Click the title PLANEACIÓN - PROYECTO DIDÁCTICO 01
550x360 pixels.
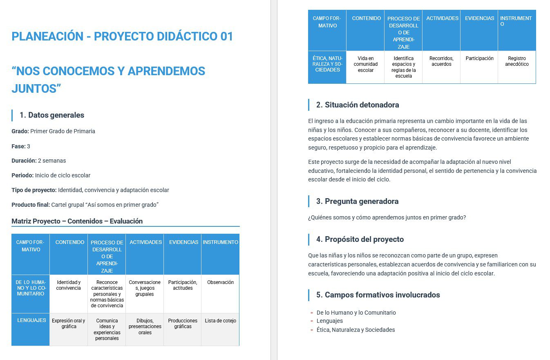(x=122, y=36)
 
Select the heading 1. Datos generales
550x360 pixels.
(x=52, y=115)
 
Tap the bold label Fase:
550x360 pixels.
(x=18, y=146)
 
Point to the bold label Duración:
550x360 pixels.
(x=24, y=161)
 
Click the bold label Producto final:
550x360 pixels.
(x=30, y=205)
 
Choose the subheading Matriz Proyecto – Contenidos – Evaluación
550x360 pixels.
(x=77, y=221)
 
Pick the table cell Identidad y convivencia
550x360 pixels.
(x=69, y=285)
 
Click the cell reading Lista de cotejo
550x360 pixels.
(x=220, y=321)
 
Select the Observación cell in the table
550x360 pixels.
(x=220, y=282)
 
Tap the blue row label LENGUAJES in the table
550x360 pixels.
(x=31, y=320)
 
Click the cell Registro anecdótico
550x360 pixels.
(x=516, y=61)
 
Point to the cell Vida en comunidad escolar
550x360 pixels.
(x=365, y=64)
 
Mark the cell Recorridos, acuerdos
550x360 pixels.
(x=441, y=61)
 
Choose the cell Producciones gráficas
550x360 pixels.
(x=183, y=324)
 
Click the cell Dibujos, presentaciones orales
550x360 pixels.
(x=145, y=326)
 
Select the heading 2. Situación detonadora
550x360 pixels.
(x=358, y=105)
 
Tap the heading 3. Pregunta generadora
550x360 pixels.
(x=357, y=201)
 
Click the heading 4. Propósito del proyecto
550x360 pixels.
(x=360, y=239)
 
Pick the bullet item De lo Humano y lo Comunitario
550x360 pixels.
(x=356, y=313)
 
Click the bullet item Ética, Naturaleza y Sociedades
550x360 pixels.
(x=355, y=330)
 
